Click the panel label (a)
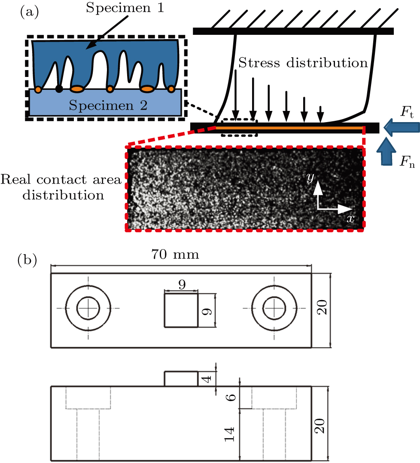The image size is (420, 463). tap(29, 12)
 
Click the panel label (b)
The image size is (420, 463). tap(29, 260)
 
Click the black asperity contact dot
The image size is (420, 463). tap(59, 89)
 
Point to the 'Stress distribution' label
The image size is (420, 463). tap(303, 63)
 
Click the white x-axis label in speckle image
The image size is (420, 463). tap(351, 218)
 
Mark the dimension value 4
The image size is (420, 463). tap(207, 379)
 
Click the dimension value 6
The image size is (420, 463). tap(231, 397)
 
